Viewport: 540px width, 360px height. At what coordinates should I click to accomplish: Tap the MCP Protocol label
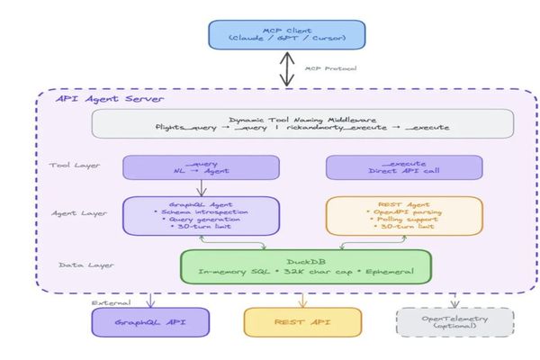329,68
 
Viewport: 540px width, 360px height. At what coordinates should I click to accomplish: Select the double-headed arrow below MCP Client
287,68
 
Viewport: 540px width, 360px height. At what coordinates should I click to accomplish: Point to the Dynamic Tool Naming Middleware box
302,123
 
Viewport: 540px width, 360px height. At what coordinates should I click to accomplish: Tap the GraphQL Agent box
201,216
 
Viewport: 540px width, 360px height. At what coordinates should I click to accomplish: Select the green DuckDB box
305,265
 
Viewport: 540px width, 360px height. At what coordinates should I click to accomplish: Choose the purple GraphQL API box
150,322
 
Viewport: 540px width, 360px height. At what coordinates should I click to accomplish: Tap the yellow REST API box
302,322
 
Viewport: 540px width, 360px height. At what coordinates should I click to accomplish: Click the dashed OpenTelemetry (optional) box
454,322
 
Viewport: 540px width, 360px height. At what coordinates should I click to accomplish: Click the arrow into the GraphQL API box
150,299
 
